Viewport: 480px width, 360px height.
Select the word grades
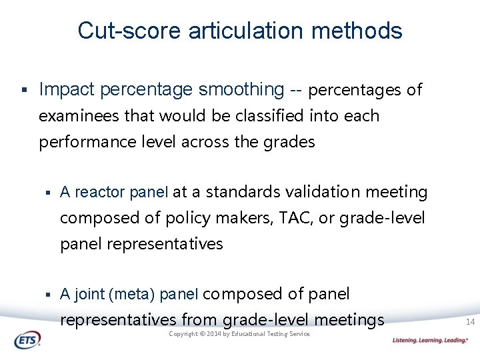tap(287, 142)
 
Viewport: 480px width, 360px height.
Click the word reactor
tap(100, 193)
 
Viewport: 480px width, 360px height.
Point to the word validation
tap(321, 193)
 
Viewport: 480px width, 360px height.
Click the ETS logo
tap(27, 340)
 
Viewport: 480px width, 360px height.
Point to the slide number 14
tap(469, 322)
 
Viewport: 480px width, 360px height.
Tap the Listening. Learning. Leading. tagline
tap(430, 341)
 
